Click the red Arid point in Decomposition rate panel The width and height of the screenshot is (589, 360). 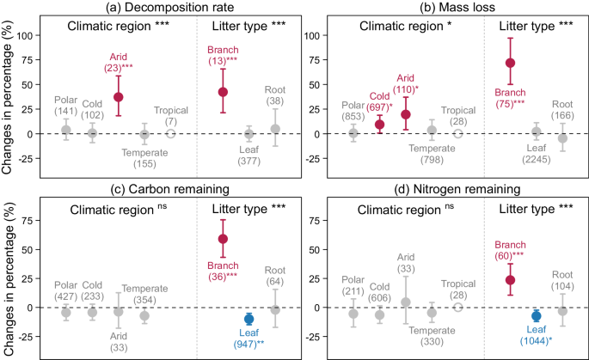pyautogui.click(x=119, y=97)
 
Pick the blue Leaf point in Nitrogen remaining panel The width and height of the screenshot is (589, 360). pyautogui.click(x=535, y=316)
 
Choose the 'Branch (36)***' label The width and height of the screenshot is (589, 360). pyautogui.click(x=222, y=272)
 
